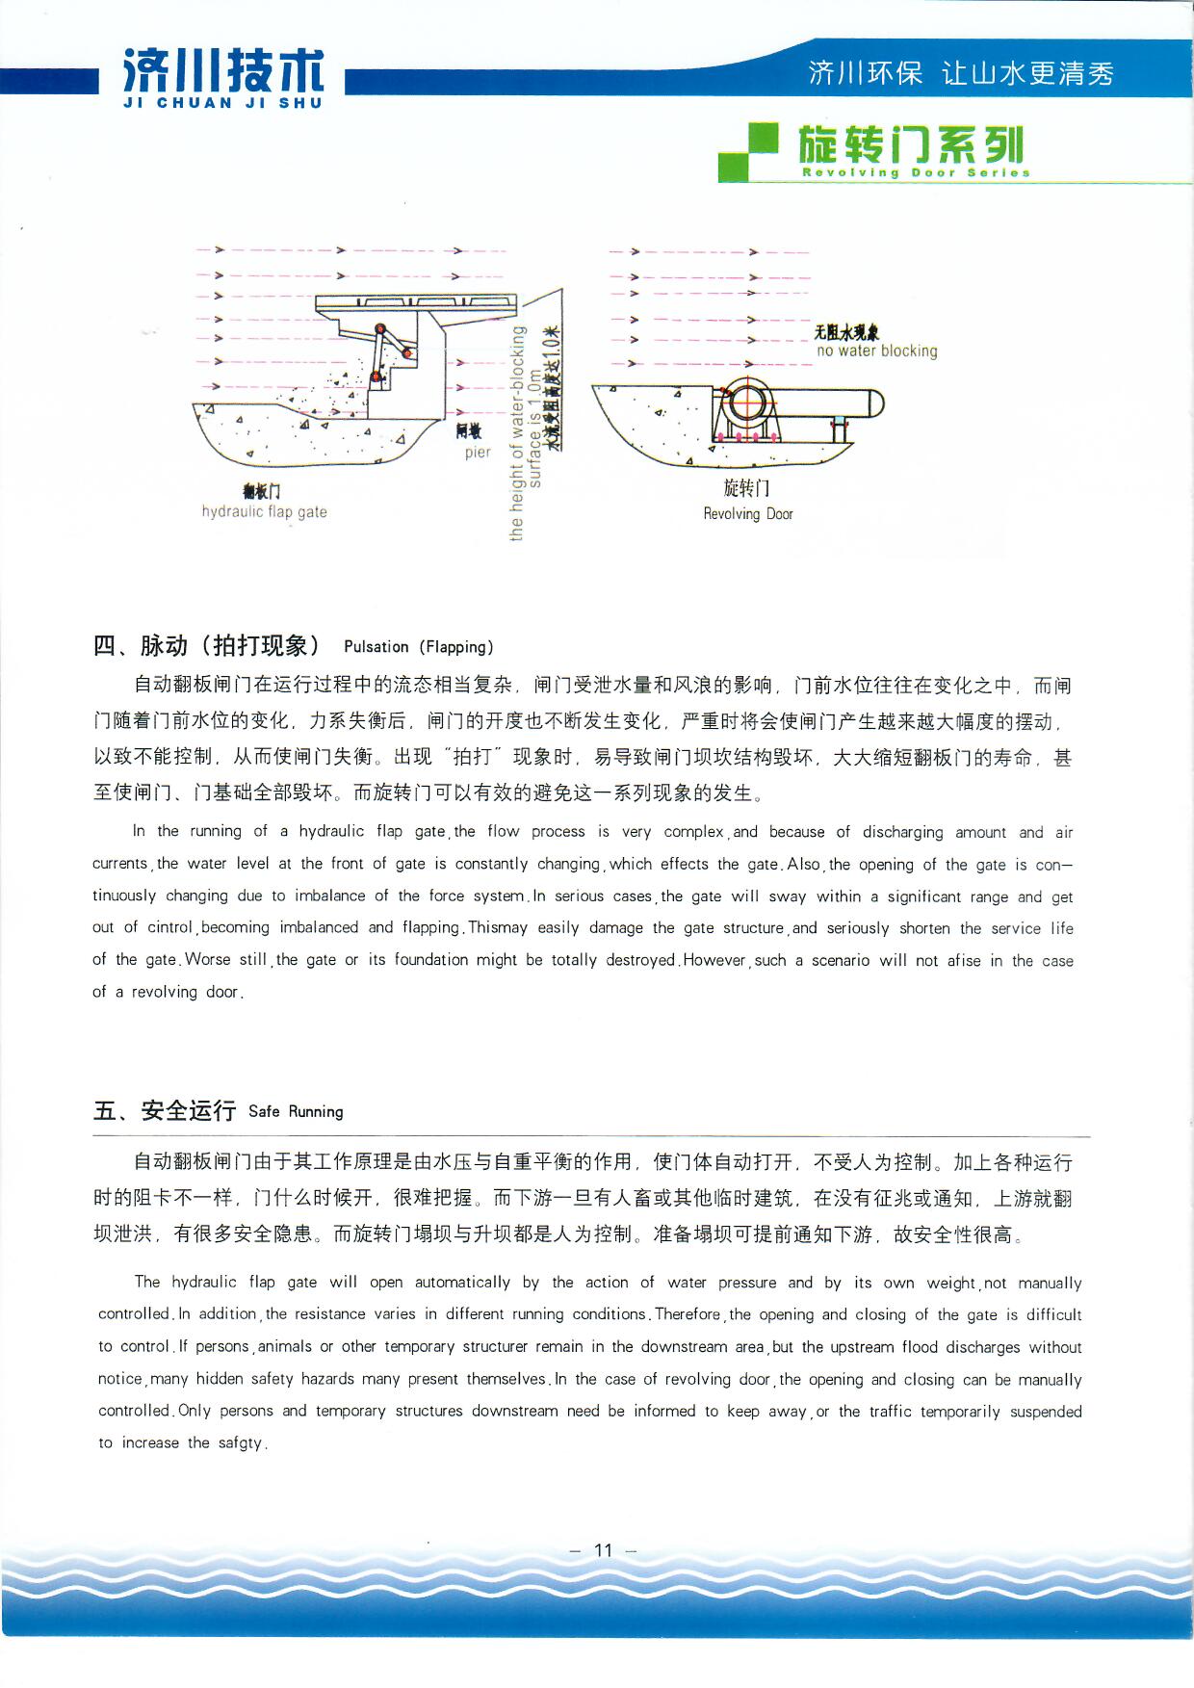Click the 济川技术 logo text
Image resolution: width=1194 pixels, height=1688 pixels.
point(223,70)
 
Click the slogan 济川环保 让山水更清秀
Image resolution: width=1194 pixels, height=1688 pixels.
point(960,73)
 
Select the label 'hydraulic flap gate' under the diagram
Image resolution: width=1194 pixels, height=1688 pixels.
point(264,511)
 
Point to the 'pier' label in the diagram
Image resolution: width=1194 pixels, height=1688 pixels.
point(478,452)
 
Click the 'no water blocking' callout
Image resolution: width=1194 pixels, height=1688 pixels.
point(876,351)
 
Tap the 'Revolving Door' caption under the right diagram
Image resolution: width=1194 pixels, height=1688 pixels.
point(748,514)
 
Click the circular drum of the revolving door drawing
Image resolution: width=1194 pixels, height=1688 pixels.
point(745,403)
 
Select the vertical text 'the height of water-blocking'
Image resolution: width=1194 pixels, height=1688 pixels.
point(517,433)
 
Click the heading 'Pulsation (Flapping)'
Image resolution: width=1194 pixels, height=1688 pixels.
point(418,647)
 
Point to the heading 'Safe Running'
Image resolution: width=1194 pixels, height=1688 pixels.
point(296,1111)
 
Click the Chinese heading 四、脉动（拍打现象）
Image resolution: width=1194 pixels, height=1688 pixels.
point(206,645)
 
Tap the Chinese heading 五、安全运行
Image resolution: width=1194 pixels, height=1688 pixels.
point(165,1110)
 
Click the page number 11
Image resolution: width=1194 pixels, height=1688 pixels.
point(604,1550)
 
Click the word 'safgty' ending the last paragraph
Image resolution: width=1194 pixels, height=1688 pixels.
point(240,1443)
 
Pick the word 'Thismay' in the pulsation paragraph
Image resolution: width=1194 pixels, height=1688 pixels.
point(498,927)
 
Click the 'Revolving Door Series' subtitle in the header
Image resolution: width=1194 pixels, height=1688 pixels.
point(916,173)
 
